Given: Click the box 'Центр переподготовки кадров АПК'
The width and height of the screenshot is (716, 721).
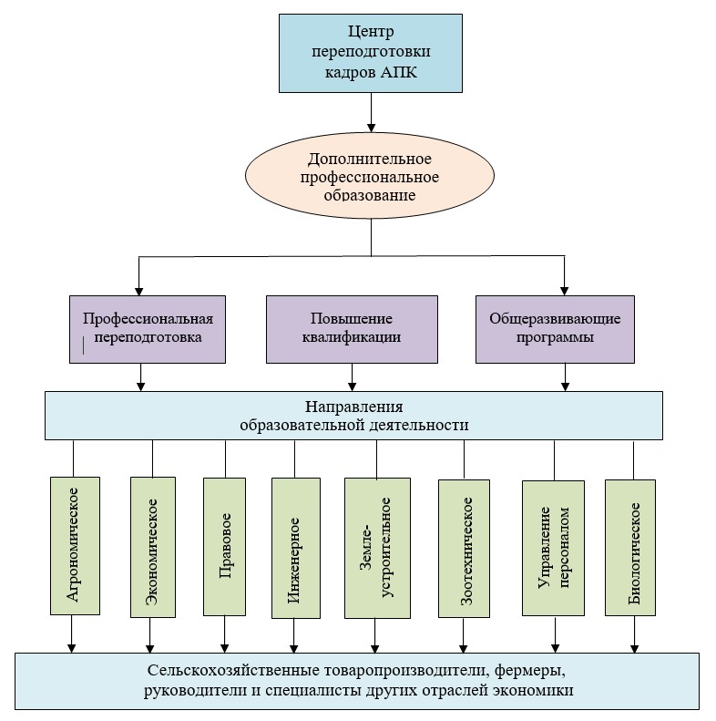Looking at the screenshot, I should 370,53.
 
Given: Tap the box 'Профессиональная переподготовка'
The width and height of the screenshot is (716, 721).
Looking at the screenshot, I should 148,328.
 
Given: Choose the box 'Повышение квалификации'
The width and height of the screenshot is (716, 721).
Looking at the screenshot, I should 351,328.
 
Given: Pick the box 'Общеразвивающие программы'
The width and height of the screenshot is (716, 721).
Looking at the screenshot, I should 555,328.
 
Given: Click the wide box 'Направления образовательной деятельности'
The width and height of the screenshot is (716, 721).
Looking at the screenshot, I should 354,416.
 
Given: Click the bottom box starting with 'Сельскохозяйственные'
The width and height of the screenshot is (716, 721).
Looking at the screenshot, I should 357,680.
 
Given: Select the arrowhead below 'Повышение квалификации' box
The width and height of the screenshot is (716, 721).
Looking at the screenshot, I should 352,386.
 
